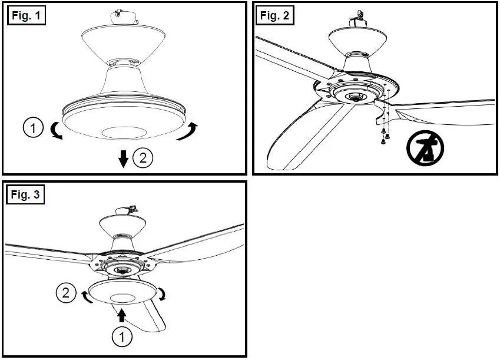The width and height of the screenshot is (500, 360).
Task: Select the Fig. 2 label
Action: point(275,16)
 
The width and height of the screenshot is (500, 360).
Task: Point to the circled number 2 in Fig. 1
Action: point(143,158)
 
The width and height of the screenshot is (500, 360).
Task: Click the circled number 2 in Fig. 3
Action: point(66,292)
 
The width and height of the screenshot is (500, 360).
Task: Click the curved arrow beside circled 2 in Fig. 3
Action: point(87,296)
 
